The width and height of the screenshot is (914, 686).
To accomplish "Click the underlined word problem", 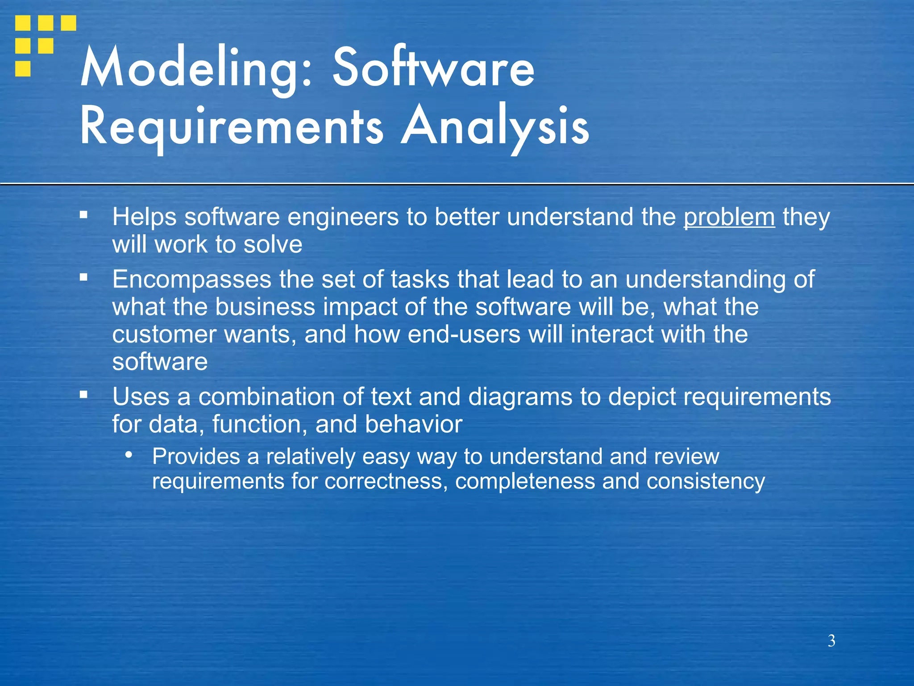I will pos(729,217).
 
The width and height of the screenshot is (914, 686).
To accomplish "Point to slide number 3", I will pos(831,641).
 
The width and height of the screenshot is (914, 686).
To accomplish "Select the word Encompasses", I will pos(191,280).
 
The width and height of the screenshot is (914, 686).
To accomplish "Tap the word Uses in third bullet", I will pos(141,397).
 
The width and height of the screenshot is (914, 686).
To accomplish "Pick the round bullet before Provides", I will pos(129,455).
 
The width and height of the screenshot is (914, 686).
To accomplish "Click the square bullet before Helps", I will pos(83,215).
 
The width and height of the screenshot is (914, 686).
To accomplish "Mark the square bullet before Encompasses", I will pos(83,277).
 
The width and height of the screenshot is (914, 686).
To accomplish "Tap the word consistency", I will pos(706,481).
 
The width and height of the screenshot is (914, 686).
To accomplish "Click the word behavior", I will pos(413,424).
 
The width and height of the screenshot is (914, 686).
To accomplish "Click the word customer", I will pos(164,335).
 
